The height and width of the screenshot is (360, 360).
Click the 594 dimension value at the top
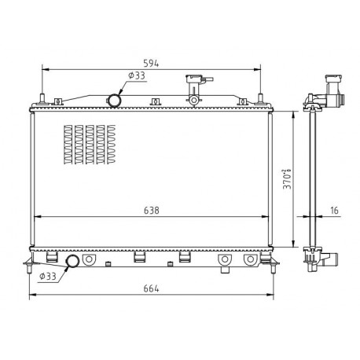(151, 64)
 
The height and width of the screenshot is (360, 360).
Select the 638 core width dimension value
(152, 210)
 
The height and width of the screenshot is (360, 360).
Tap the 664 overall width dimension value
(151, 288)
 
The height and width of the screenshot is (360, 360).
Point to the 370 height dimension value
(287, 179)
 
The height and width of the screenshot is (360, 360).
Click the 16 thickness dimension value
(334, 210)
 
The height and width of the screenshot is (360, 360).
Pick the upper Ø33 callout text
(137, 75)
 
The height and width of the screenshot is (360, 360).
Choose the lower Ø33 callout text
(48, 276)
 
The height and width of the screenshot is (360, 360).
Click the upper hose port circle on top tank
(114, 101)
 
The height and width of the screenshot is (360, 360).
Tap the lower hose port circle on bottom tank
(72, 261)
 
